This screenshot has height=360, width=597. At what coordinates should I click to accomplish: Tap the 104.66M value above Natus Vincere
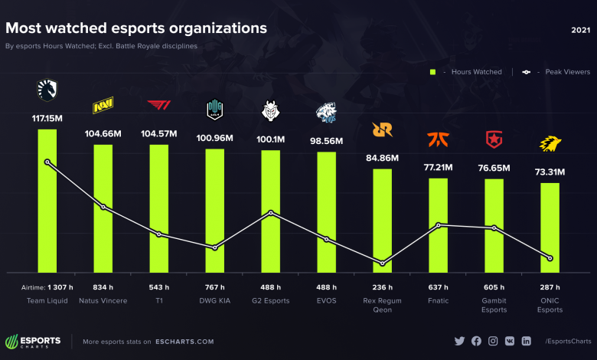[x=103, y=133]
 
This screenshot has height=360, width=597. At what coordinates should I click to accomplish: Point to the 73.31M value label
[x=550, y=172]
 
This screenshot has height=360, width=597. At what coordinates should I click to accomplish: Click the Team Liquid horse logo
[x=47, y=91]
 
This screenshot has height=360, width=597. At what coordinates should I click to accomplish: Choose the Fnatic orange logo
[x=439, y=141]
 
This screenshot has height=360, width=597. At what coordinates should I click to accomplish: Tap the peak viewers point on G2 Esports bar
[x=271, y=213]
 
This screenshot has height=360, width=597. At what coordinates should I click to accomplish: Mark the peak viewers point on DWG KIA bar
[x=215, y=247]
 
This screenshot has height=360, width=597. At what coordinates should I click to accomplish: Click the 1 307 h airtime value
[x=58, y=287]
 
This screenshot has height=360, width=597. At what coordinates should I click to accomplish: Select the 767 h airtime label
[x=215, y=287]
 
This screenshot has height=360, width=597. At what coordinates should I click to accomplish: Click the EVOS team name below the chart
[x=327, y=301]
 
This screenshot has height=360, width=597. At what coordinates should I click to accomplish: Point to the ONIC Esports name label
[x=550, y=306]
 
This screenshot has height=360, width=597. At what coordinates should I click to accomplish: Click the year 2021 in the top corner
[x=580, y=30]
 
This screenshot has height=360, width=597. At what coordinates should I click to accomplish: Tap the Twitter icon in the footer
[x=459, y=341]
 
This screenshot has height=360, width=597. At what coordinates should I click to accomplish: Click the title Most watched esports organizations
[x=136, y=28]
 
